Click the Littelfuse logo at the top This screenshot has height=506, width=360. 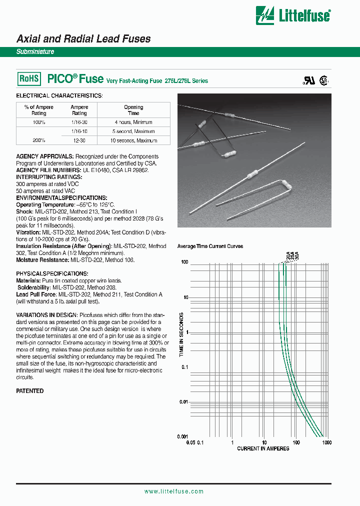(x=292, y=14)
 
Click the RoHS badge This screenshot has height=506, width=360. (x=29, y=79)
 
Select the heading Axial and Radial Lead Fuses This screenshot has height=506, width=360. (x=83, y=38)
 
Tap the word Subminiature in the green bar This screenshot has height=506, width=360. (x=35, y=52)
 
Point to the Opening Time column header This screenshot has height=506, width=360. (x=133, y=110)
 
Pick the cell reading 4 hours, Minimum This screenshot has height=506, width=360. (x=133, y=122)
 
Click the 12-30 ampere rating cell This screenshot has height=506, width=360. (x=79, y=140)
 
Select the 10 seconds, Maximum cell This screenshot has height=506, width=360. (x=133, y=140)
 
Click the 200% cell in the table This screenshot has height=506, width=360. (x=39, y=140)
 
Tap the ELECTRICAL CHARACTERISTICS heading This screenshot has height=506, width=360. (x=59, y=95)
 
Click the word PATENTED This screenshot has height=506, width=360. (x=30, y=391)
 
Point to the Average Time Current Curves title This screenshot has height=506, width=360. (x=210, y=246)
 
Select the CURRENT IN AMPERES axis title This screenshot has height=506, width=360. (x=263, y=448)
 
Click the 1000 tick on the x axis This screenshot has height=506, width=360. (x=326, y=442)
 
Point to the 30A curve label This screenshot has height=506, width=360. (x=296, y=256)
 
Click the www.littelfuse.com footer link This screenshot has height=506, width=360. (x=173, y=491)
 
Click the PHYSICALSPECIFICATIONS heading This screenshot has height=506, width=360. (x=52, y=274)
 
